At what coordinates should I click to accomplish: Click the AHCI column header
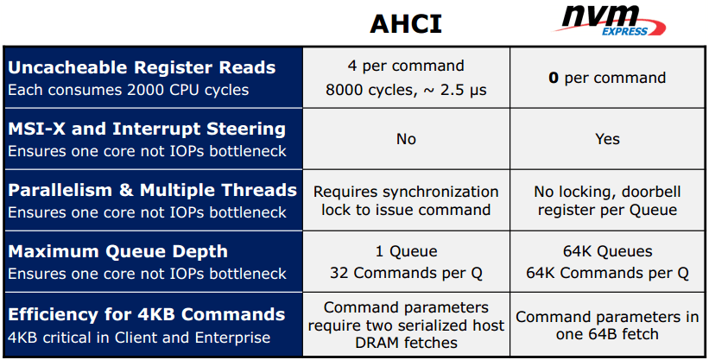click(406, 23)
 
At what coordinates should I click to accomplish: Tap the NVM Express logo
click(610, 21)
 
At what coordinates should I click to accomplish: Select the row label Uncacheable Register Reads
click(142, 67)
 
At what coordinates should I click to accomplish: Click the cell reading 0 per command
click(607, 78)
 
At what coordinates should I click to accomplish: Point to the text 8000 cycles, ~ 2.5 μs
click(406, 90)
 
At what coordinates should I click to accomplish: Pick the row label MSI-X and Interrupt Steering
click(147, 129)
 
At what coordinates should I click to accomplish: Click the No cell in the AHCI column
click(406, 139)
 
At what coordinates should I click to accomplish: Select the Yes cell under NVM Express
click(607, 139)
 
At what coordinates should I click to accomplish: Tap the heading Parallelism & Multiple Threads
click(152, 190)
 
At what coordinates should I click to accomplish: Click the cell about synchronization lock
click(406, 200)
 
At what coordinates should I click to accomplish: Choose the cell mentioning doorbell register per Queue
click(607, 200)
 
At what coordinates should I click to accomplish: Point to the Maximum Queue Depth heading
click(117, 251)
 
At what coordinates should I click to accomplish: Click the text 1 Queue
click(406, 251)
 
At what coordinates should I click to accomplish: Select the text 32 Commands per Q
click(406, 273)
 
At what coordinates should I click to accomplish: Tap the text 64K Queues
click(607, 251)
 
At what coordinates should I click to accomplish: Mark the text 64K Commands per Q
click(607, 273)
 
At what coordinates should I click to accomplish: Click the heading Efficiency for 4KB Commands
click(147, 314)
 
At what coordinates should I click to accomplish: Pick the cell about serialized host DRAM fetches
click(406, 325)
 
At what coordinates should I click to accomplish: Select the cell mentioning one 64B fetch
click(607, 325)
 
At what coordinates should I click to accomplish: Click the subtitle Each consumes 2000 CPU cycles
click(129, 90)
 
